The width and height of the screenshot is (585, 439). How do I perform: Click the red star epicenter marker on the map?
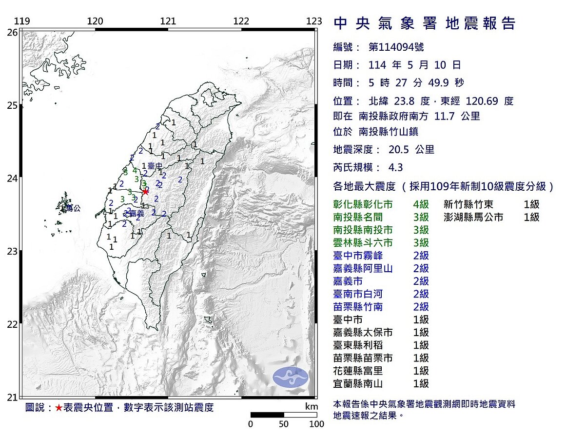coord(145,192)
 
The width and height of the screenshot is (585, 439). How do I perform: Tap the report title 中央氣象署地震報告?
coord(424,23)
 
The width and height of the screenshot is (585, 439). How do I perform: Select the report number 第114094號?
coord(396,47)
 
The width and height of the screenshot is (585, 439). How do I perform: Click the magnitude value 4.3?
coord(395,167)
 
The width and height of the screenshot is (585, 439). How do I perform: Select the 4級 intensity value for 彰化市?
coord(421,204)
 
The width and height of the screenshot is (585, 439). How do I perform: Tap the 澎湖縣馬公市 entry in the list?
coord(473,217)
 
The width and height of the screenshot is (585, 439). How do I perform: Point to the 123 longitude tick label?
coord(315,21)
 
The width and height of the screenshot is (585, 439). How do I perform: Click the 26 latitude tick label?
coord(12,32)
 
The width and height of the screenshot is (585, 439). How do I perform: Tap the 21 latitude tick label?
coord(12,397)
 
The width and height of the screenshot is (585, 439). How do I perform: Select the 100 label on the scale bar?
coord(317,424)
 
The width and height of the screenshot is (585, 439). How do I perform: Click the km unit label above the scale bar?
coord(312,407)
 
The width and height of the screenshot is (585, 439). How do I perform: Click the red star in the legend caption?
coord(58,408)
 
